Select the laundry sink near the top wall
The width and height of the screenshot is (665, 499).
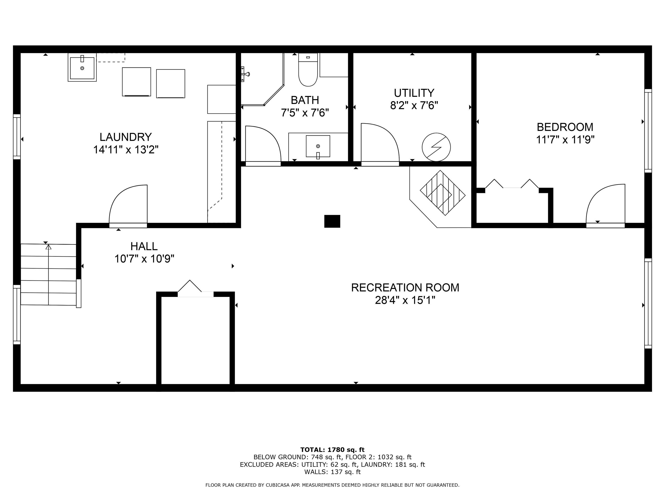82,68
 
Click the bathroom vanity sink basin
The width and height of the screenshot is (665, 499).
318,146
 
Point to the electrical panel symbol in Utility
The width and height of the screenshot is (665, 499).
436,147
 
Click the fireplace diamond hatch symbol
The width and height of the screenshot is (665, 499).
442,193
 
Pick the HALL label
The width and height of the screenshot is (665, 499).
144,246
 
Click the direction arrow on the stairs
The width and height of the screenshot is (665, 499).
48,247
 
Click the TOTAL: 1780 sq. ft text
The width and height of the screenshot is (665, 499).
332,450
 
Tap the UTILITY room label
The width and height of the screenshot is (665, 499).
414,93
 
